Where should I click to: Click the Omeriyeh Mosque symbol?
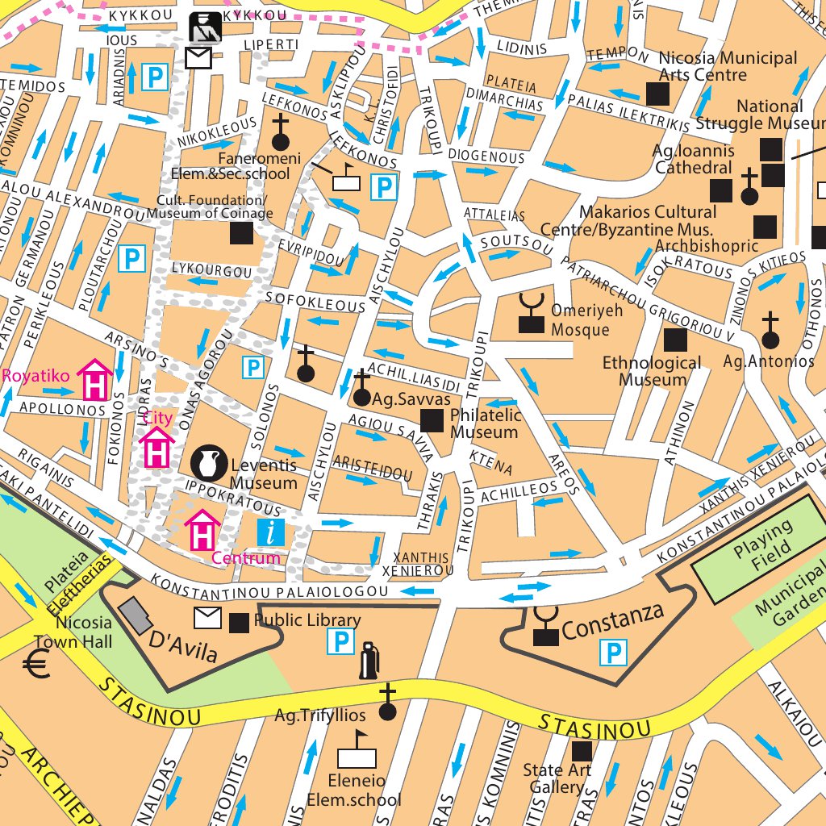[x=531, y=315]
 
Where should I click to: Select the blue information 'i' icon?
[x=270, y=532]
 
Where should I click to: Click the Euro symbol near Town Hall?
[x=36, y=665]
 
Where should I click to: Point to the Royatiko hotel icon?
[x=94, y=379]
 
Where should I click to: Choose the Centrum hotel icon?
[x=203, y=529]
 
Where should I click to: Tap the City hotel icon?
[x=156, y=447]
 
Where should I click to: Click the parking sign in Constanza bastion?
[x=614, y=652]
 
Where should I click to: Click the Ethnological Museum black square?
[x=674, y=340]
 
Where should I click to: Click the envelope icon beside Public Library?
[x=207, y=619]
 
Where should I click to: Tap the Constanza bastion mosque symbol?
[x=545, y=628]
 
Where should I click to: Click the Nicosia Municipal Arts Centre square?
[x=658, y=94]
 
